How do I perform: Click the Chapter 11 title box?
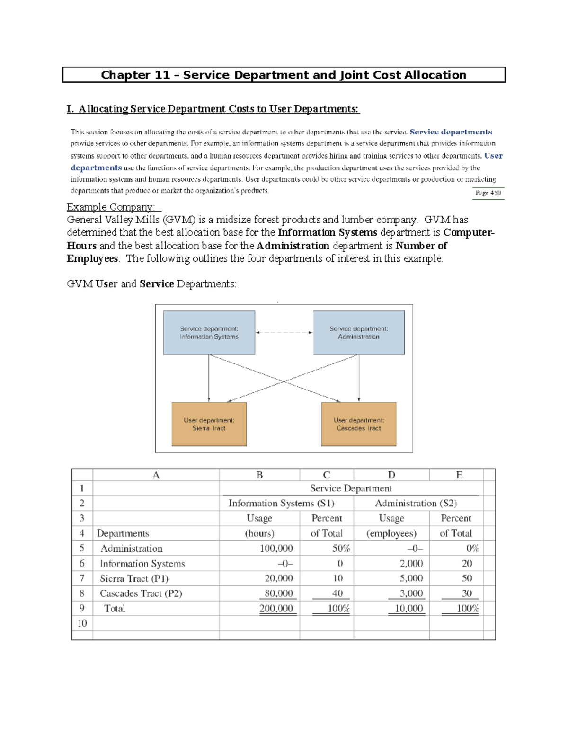pos(284,75)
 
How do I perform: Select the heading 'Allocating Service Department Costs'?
pos(213,109)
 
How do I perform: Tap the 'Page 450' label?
pos(488,193)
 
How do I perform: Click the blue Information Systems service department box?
pos(209,333)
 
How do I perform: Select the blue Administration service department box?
pos(359,333)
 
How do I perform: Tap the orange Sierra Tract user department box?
pos(209,424)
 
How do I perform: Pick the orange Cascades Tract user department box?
pos(359,424)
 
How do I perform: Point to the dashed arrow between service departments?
pos(284,332)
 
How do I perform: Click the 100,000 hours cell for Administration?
pos(276,548)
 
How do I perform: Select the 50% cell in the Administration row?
pos(341,548)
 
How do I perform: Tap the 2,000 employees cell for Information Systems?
pos(411,563)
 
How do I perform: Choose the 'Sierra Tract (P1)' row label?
pos(134,578)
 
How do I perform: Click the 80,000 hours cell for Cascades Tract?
pos(278,593)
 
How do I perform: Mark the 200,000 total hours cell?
pos(276,609)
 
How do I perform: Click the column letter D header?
pos(391,475)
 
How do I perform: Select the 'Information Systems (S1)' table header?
pos(281,503)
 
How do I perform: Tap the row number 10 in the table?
pos(82,623)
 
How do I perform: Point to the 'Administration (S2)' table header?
pos(416,503)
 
